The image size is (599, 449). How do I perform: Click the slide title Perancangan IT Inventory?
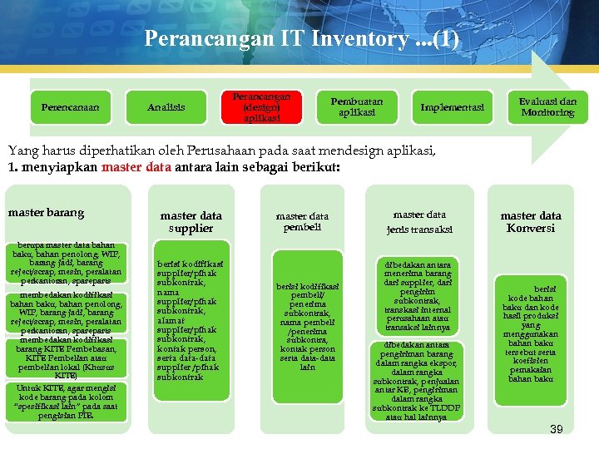coord(300,39)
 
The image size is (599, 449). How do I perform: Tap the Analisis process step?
coord(166,107)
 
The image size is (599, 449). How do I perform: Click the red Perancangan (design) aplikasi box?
coord(261,107)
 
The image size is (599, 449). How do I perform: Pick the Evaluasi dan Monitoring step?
coord(547,106)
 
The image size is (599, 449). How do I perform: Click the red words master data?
coord(136,166)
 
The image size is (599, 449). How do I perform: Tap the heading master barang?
coord(47,213)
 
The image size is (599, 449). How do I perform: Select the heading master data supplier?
coord(191,221)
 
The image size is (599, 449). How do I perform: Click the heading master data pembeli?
coord(303,221)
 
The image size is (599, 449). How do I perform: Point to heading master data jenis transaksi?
coord(419,221)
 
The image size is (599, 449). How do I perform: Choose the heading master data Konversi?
coord(531,222)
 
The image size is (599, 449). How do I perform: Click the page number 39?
coord(557,429)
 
